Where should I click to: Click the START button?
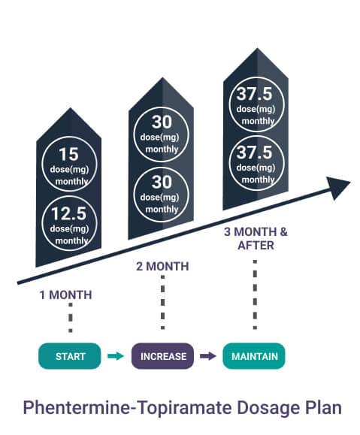(70, 356)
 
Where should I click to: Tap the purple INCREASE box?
(162, 356)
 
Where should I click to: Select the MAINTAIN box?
(254, 356)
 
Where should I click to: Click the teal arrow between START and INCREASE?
(116, 356)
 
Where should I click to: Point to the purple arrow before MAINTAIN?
(208, 356)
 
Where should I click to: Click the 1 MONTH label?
(66, 295)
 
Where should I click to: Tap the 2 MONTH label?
(162, 266)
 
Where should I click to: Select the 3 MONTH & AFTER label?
(256, 239)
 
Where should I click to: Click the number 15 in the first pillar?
(68, 154)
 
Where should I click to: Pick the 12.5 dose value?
(68, 213)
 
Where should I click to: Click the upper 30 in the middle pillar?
(162, 122)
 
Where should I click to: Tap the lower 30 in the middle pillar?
(162, 182)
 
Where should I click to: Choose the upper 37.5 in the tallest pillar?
(254, 93)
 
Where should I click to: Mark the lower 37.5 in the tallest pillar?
(254, 153)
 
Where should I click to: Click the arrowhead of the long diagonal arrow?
(337, 188)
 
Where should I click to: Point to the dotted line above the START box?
(71, 318)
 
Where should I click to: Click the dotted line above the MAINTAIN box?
(255, 295)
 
